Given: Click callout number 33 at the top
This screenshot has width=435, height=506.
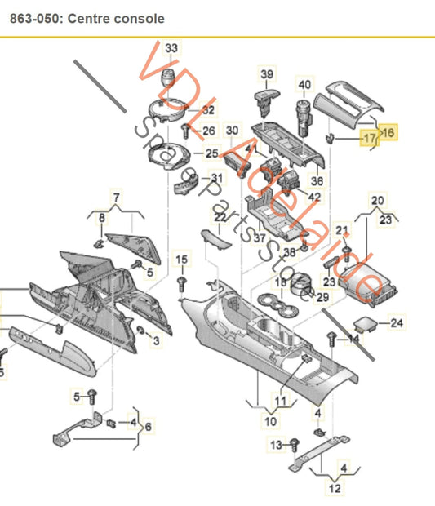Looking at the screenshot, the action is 171,48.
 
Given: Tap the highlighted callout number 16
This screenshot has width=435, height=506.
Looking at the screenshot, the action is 388,132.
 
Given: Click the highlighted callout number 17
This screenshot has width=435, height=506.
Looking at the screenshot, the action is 369,138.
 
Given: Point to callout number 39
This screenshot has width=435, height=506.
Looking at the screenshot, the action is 267,74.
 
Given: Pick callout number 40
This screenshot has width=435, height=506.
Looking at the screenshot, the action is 304,85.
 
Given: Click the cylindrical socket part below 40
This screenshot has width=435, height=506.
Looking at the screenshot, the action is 304,118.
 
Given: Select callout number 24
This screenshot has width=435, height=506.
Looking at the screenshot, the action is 397,322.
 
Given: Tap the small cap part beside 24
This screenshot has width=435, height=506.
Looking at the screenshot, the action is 366,324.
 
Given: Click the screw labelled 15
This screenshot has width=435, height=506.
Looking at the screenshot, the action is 182,284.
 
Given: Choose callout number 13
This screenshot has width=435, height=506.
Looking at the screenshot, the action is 276,445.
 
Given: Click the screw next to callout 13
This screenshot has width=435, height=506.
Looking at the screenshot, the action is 295,445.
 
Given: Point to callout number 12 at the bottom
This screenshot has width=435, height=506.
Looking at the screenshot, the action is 335,488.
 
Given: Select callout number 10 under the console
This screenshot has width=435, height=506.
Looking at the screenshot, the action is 270,421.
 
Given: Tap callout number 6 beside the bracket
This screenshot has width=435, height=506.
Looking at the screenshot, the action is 148,427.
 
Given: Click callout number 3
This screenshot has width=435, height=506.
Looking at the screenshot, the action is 156,340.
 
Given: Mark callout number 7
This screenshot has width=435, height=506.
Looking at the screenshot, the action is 117,198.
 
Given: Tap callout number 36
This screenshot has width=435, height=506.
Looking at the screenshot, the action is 317,180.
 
